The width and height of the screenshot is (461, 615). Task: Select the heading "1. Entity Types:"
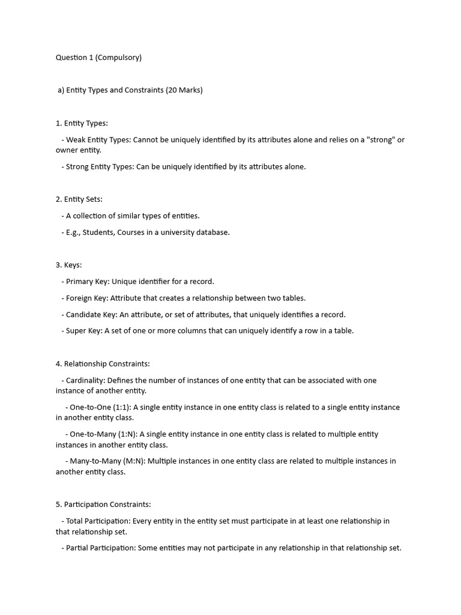click(x=82, y=123)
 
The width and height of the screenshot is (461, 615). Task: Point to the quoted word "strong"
click(x=376, y=140)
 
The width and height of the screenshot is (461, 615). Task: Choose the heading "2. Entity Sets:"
click(x=79, y=199)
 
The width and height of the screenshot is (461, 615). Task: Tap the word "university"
click(x=178, y=232)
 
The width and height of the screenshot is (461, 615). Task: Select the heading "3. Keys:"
click(x=69, y=265)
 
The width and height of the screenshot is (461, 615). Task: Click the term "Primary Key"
click(x=86, y=282)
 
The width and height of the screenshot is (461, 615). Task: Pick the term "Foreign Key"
click(x=86, y=298)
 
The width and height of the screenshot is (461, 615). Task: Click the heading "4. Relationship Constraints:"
click(x=103, y=364)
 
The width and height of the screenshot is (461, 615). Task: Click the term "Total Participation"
click(x=96, y=521)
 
